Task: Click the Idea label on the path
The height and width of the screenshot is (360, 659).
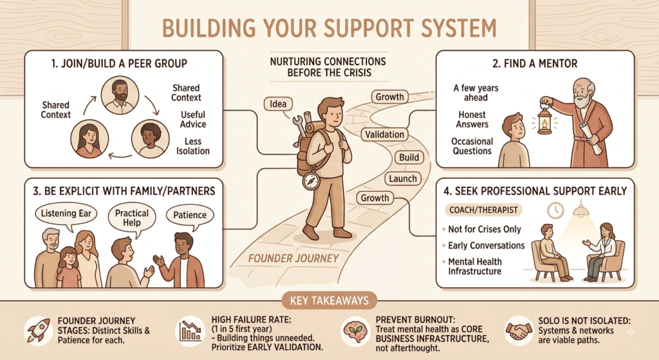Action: pyautogui.click(x=278, y=104)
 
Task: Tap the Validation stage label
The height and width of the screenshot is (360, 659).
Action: pyautogui.click(x=384, y=135)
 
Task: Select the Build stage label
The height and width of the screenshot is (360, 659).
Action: pyautogui.click(x=409, y=158)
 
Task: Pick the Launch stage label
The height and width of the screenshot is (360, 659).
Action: pyautogui.click(x=403, y=179)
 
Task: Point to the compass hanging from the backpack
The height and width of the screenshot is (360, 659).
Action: pyautogui.click(x=311, y=181)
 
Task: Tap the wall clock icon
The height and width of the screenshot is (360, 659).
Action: pyautogui.click(x=555, y=211)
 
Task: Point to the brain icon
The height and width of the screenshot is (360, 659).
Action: pyautogui.click(x=355, y=330)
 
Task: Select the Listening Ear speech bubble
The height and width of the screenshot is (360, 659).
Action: pyautogui.click(x=66, y=214)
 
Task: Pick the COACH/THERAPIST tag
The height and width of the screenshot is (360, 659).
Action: pyautogui.click(x=483, y=210)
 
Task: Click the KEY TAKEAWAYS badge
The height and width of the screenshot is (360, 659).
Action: pyautogui.click(x=329, y=300)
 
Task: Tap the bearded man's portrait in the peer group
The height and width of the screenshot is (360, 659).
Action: pyautogui.click(x=120, y=95)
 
